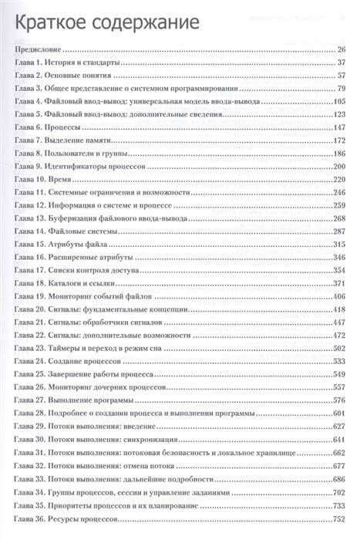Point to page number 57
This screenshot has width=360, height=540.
click(x=341, y=76)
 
